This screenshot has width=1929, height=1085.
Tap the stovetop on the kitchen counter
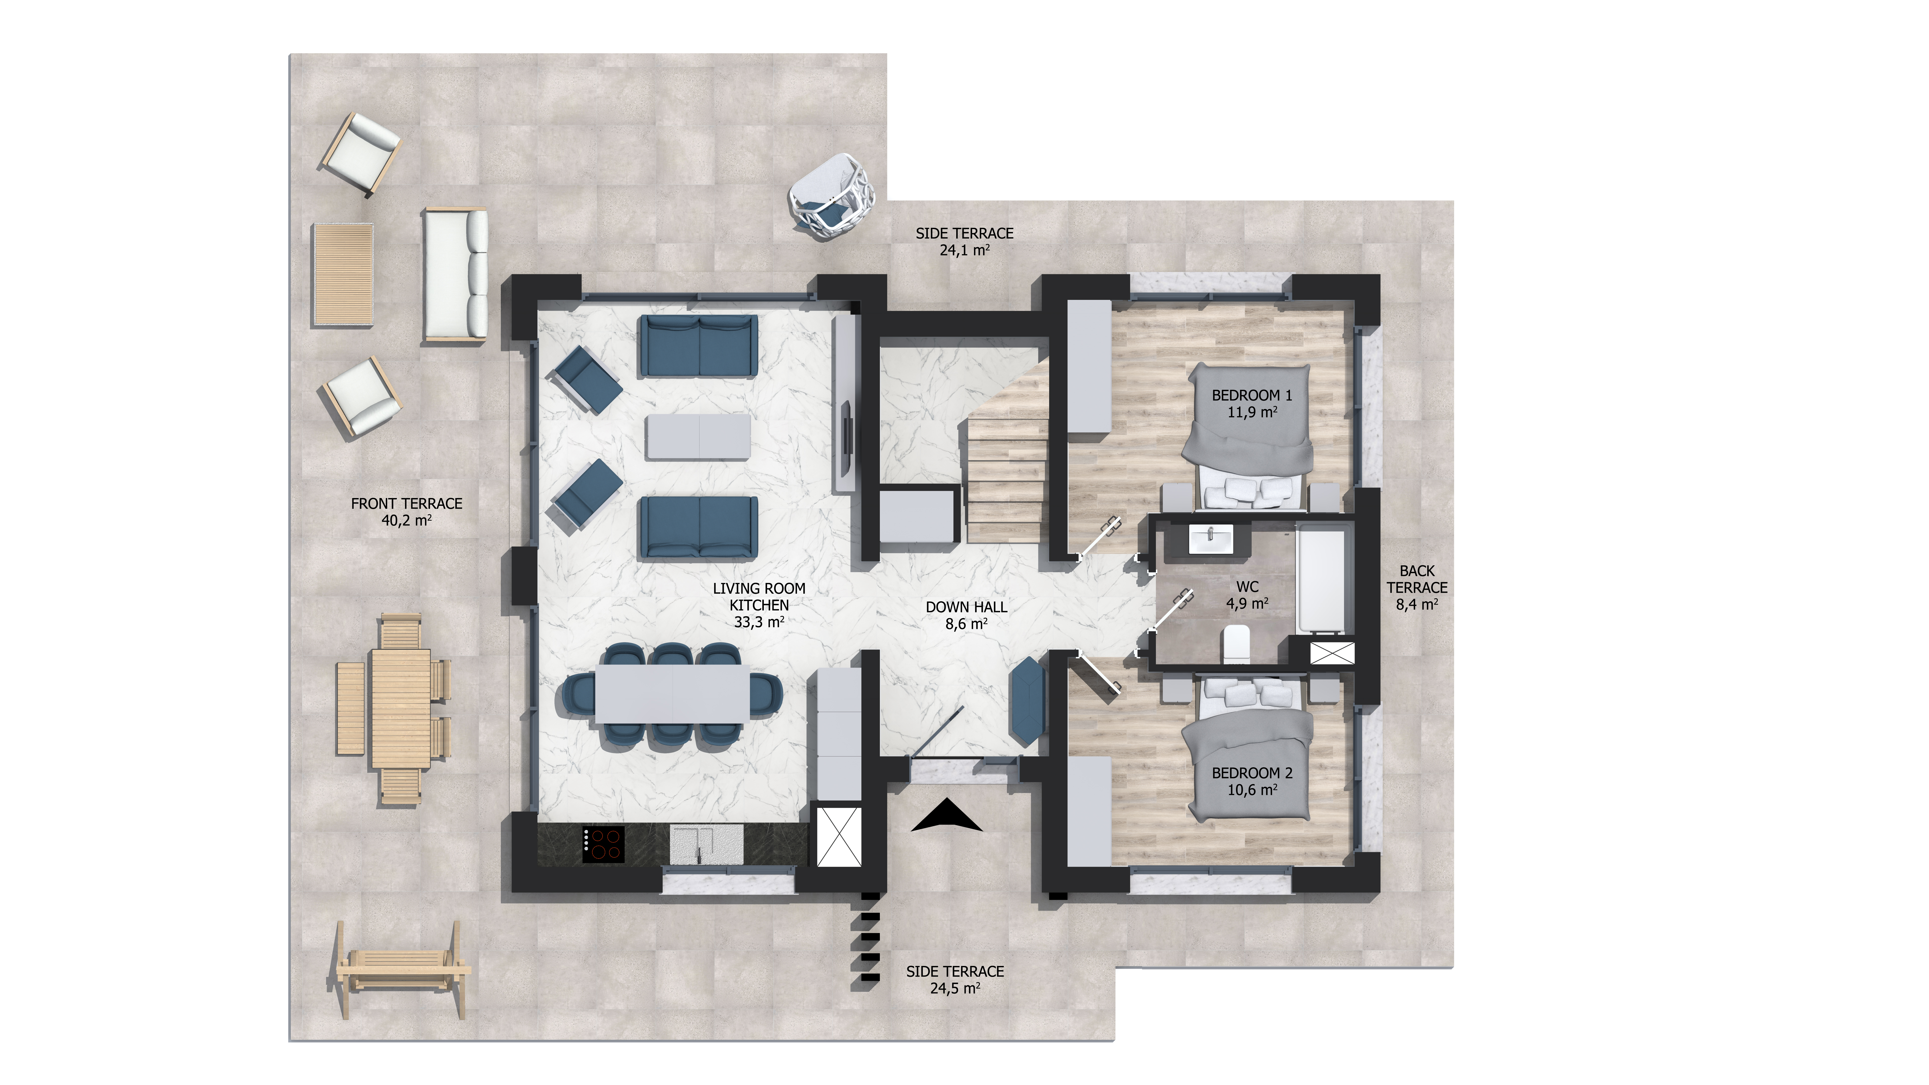tap(604, 844)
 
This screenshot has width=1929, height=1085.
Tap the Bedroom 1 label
tap(1252, 403)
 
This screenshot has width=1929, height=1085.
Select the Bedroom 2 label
tap(1252, 781)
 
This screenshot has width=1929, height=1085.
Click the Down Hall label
tap(966, 615)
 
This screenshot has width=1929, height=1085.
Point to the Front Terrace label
tap(407, 511)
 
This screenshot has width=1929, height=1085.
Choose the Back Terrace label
tap(1417, 587)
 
